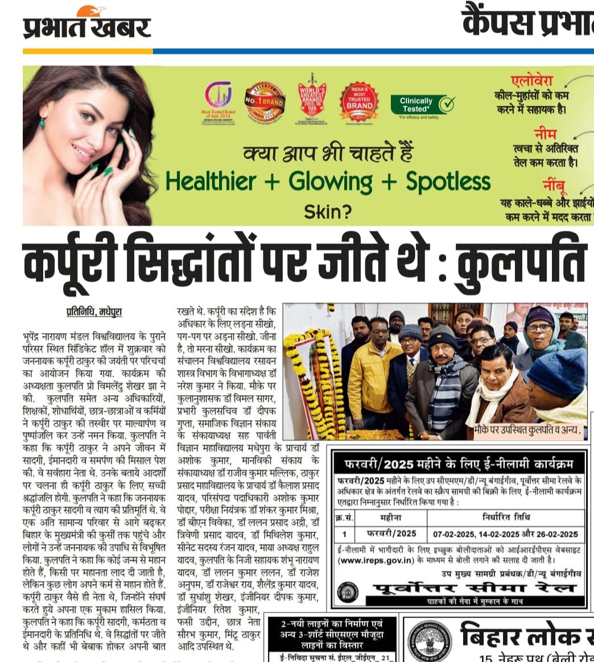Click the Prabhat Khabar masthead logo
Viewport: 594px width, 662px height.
pyautogui.click(x=86, y=26)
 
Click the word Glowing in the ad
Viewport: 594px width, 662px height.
pyautogui.click(x=330, y=181)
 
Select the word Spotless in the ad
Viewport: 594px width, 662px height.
pyautogui.click(x=448, y=181)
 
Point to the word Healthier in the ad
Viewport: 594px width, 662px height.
pyautogui.click(x=211, y=181)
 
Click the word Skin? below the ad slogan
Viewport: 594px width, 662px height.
pyautogui.click(x=328, y=212)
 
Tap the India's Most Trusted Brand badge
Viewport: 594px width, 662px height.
pyautogui.click(x=360, y=102)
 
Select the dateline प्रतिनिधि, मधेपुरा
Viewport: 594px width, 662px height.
pyautogui.click(x=94, y=312)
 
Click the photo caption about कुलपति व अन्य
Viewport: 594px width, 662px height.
pyautogui.click(x=527, y=431)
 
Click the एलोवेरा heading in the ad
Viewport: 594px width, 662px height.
pyautogui.click(x=531, y=80)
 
